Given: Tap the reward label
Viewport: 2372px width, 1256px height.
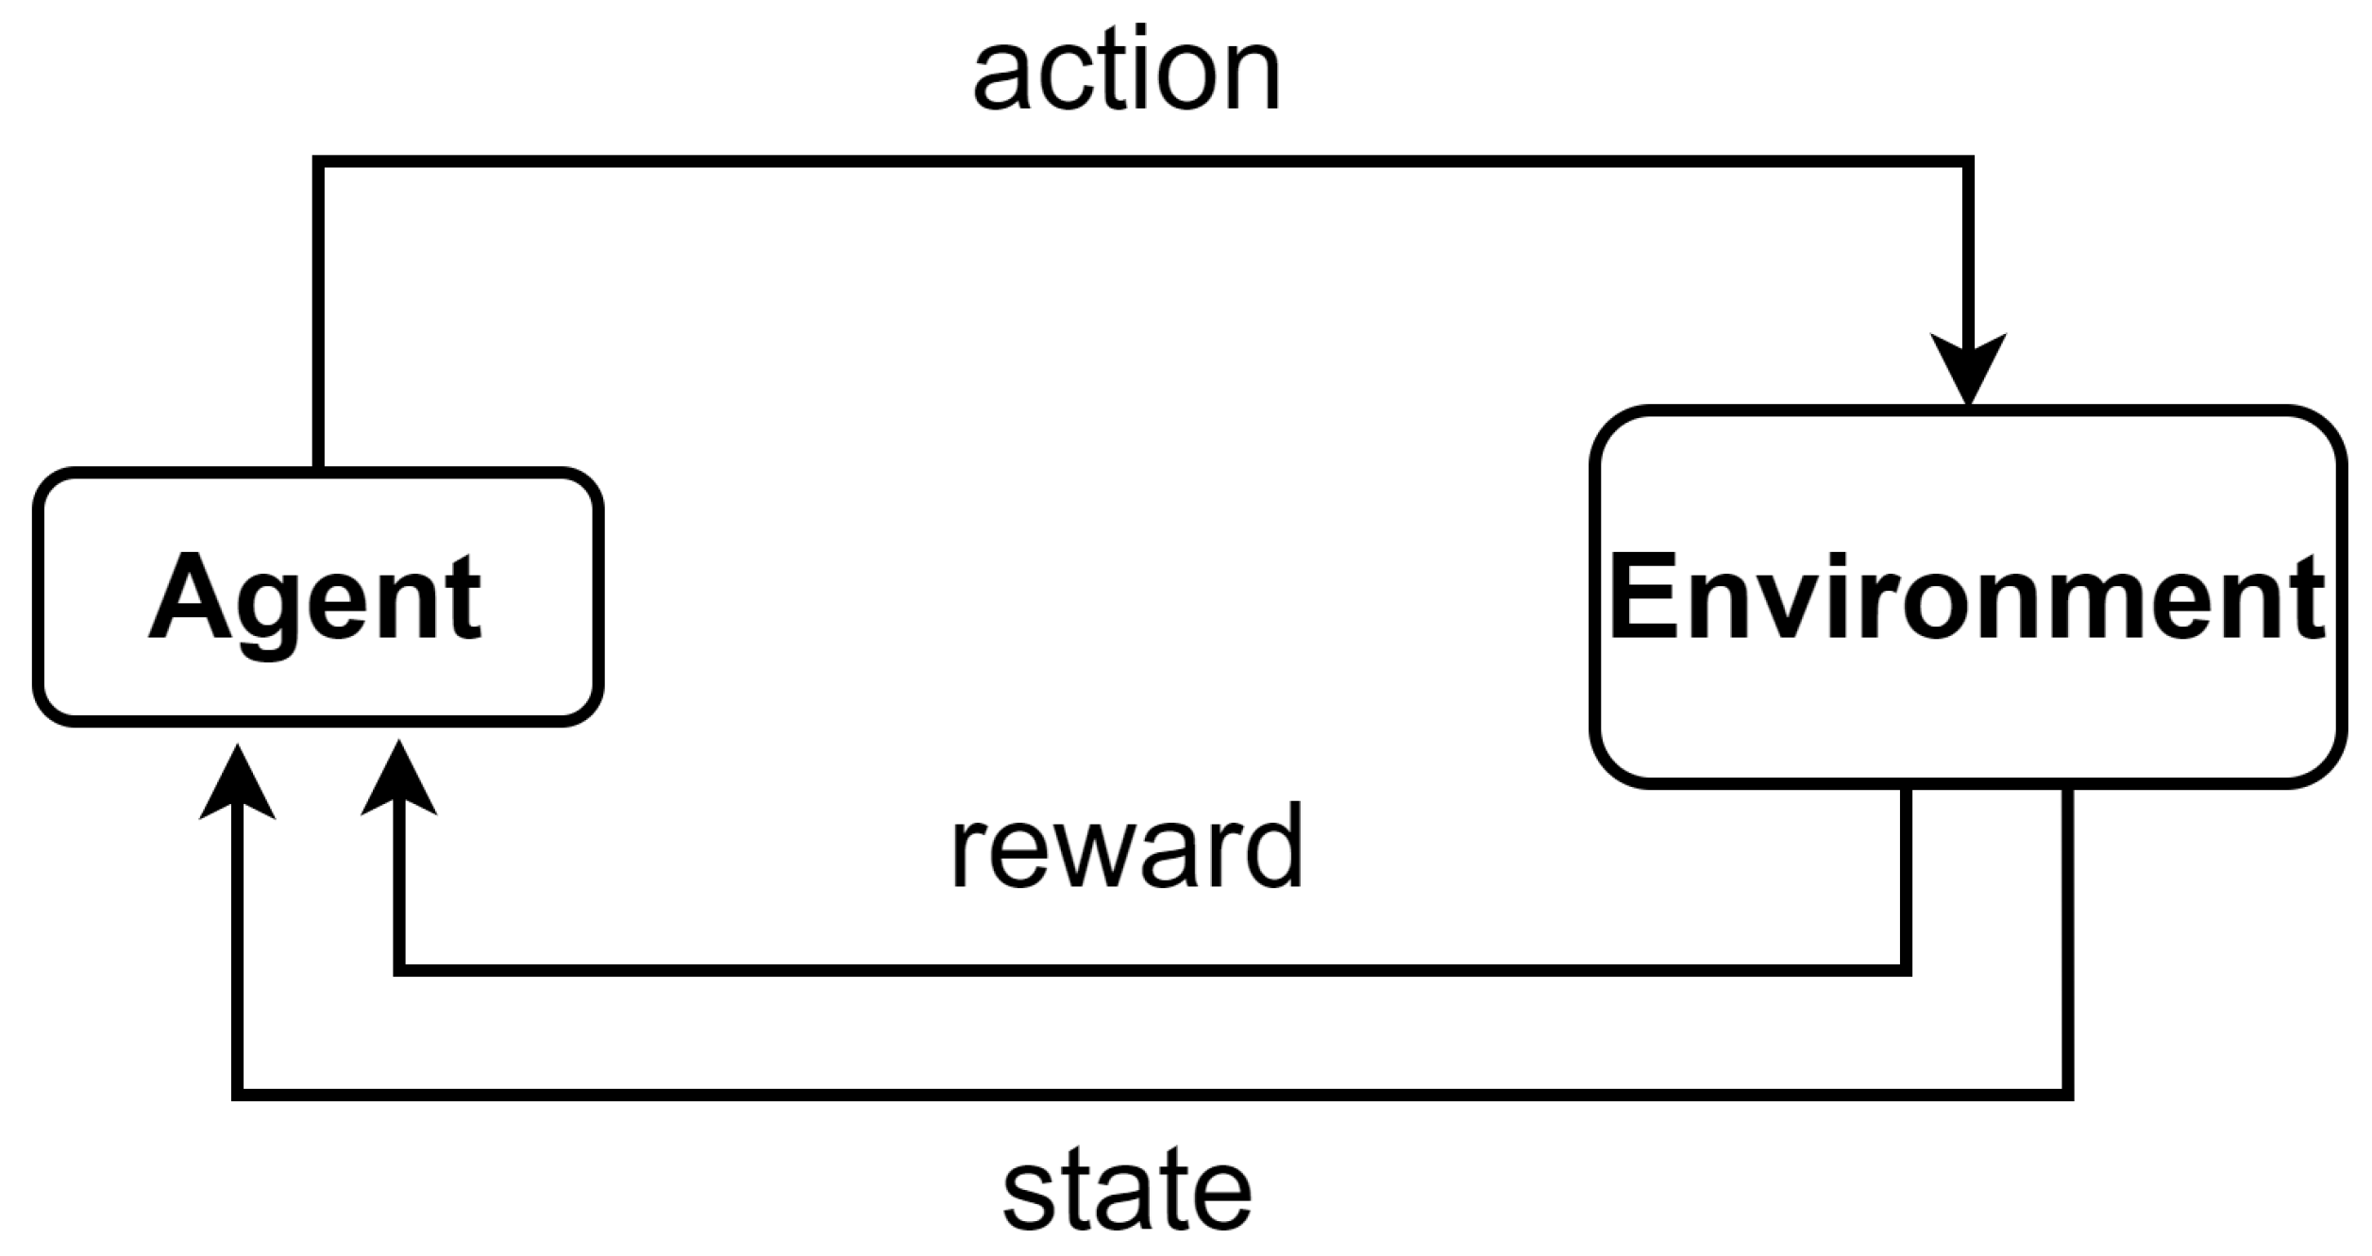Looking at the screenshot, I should [1126, 847].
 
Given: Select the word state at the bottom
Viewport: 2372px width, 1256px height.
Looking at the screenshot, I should [1126, 1191].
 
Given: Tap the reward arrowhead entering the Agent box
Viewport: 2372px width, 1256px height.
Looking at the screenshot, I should [398, 781].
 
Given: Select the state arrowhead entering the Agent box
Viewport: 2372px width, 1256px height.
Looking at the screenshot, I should [238, 785].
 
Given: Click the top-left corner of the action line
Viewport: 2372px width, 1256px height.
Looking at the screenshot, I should [319, 162].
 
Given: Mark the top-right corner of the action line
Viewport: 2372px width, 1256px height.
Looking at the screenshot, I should [1968, 162].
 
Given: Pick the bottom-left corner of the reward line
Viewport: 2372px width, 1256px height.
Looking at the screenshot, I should [399, 970].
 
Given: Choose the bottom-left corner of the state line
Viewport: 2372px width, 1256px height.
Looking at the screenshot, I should [238, 1095].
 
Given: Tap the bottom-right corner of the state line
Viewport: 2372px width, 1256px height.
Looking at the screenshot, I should [2067, 1095].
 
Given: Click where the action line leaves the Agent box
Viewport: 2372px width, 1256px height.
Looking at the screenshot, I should [319, 469].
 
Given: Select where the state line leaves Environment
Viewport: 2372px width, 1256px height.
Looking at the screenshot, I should [2067, 788].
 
